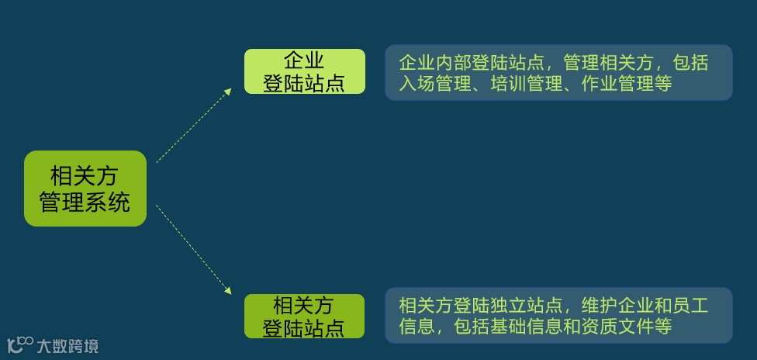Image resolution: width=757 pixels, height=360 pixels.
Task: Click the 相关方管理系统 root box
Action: pos(85,189)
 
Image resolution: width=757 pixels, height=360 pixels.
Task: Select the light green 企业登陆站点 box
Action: pos(304,71)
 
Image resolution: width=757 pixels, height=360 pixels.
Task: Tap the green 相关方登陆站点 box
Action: pos(304,316)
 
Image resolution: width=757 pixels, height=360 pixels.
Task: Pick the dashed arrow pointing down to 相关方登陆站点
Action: pos(194,250)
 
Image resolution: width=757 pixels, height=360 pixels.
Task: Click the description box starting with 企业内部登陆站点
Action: pos(558,72)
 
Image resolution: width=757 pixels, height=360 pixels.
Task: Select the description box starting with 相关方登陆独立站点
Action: pos(558,315)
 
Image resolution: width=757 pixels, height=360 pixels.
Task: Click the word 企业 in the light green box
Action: pos(304,61)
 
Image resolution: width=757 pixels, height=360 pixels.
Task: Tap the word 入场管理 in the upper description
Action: pos(434,84)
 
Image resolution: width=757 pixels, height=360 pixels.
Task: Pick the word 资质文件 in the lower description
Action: pos(618,327)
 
